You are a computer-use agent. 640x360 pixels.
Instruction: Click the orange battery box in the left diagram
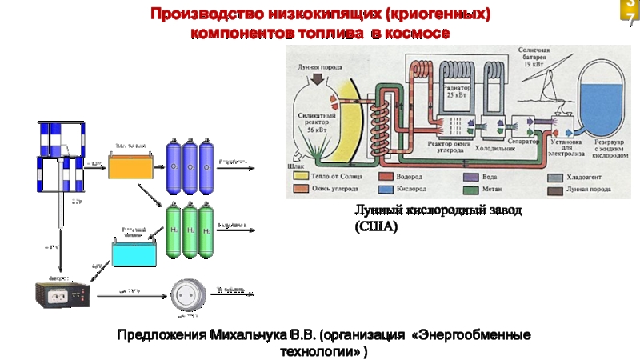point(131,166)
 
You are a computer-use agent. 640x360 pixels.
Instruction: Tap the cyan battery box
point(135,254)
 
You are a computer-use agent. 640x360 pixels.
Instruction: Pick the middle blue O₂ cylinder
point(190,166)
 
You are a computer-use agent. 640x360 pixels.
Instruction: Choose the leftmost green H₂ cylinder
point(172,231)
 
